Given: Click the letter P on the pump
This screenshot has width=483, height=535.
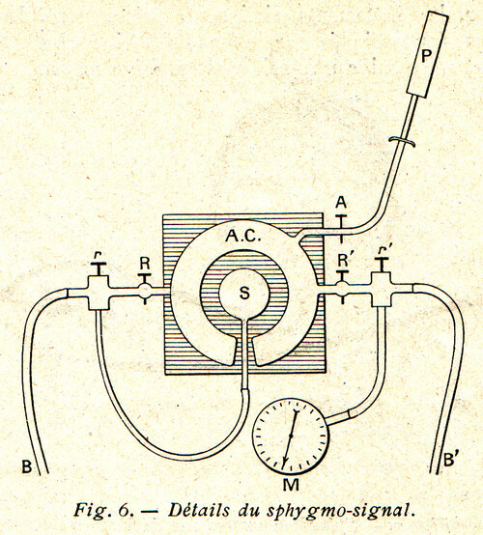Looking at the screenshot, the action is (425, 56).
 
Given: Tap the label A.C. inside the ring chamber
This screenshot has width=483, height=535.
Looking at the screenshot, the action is (243, 236).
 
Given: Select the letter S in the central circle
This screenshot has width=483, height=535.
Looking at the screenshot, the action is (244, 293).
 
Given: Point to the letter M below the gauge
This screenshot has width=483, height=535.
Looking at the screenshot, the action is (291, 485).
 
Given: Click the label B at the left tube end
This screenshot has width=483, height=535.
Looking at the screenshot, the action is (27, 466).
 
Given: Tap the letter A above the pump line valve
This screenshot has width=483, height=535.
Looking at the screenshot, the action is (341, 203).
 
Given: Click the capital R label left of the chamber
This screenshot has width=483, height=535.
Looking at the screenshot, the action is (145, 264).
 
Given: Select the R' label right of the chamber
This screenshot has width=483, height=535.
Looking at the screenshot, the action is (343, 261).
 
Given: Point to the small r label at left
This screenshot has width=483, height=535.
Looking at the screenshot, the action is (98, 255).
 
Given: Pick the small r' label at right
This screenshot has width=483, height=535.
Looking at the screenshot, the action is (382, 251).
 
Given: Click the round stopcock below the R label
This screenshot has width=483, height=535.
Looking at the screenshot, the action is (144, 291).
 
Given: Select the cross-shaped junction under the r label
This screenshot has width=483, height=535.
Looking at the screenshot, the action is (99, 293).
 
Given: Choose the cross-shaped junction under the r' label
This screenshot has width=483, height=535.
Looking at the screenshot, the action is (382, 290).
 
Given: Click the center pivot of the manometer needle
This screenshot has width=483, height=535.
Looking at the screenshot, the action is (291, 436).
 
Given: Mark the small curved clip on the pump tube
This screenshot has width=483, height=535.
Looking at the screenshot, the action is (403, 141).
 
